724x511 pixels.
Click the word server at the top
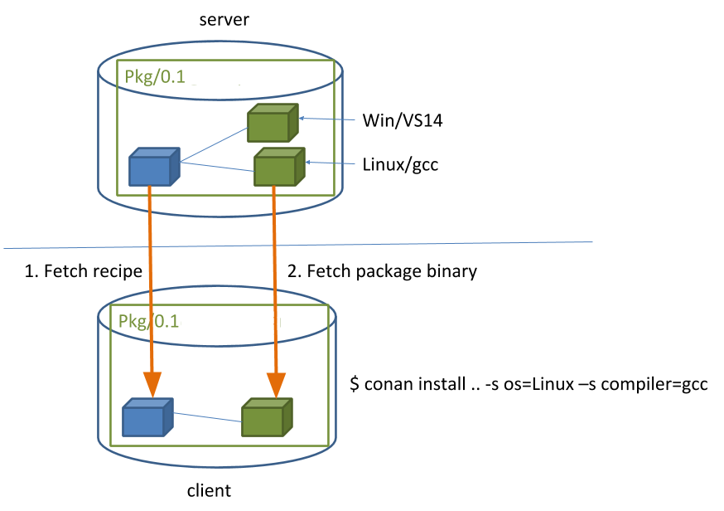(x=223, y=19)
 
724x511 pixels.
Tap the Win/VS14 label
(x=403, y=121)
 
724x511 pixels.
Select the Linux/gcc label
(x=400, y=164)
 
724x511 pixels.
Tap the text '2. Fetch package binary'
(x=382, y=271)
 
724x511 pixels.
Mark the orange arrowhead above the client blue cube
(x=152, y=382)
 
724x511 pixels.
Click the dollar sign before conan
(x=355, y=386)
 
